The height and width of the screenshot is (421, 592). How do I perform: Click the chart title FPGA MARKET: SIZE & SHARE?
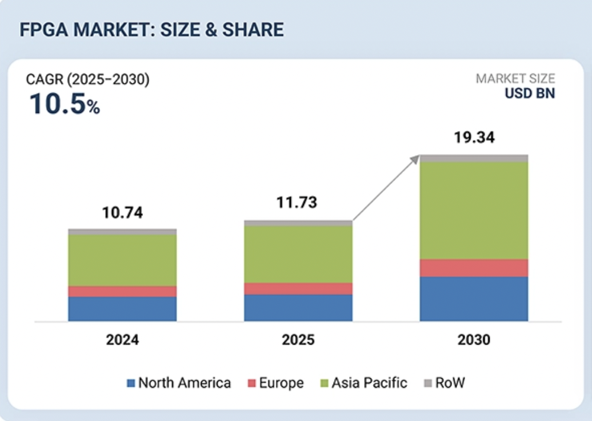[151, 30]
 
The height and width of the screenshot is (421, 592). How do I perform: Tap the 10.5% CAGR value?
[65, 104]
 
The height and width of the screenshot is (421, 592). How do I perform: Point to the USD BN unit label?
[529, 94]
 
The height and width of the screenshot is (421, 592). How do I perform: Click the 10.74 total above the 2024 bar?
[122, 213]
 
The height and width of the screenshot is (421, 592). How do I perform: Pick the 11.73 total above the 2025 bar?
[298, 203]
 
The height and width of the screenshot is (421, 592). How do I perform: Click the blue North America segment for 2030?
[474, 298]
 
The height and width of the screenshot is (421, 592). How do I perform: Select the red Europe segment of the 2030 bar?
[474, 268]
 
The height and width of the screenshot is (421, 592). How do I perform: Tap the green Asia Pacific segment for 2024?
[122, 260]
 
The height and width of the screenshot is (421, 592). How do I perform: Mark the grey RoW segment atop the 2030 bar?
[474, 158]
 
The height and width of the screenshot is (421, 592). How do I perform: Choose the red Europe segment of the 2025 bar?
[298, 288]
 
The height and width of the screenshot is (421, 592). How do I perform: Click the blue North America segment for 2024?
[122, 309]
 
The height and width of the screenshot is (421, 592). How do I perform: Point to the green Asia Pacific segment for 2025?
[298, 254]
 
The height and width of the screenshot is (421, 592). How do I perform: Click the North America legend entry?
[178, 383]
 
